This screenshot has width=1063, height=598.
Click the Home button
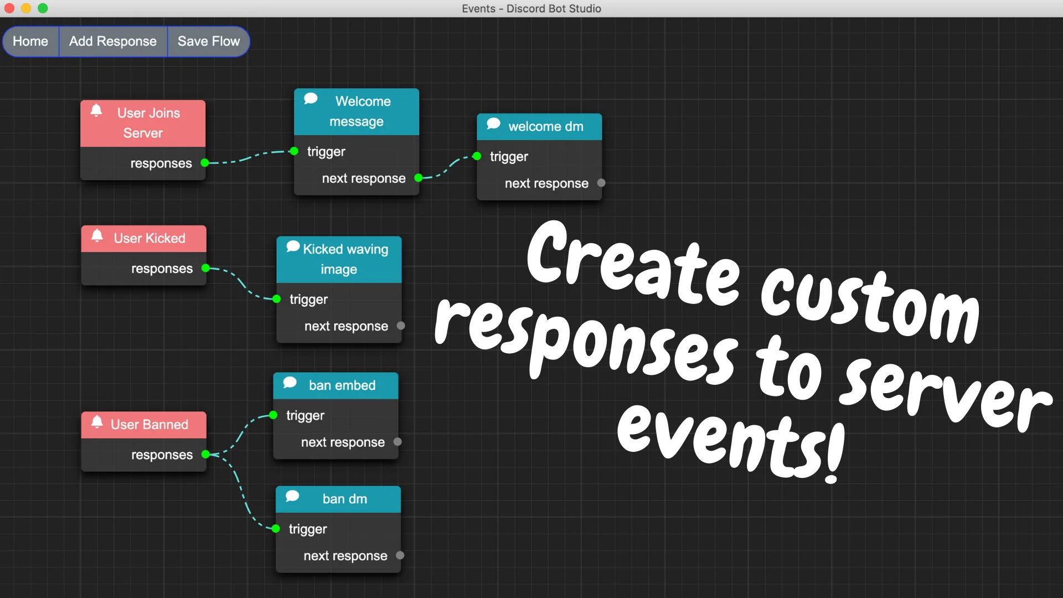pyautogui.click(x=30, y=42)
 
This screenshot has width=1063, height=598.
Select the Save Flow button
pyautogui.click(x=209, y=42)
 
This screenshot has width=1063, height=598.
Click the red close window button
pyautogui.click(x=9, y=8)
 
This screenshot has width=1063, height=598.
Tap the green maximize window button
pyautogui.click(x=43, y=8)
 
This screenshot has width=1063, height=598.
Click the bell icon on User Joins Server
pyautogui.click(x=96, y=110)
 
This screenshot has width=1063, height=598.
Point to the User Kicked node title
pyautogui.click(x=149, y=238)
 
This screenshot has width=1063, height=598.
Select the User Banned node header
pyautogui.click(x=144, y=425)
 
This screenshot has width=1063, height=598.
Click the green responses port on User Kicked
pyautogui.click(x=205, y=268)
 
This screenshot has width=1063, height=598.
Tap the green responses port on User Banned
pyautogui.click(x=205, y=455)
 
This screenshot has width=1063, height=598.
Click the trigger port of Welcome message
pyautogui.click(x=295, y=151)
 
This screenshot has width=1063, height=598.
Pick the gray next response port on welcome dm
pyautogui.click(x=601, y=183)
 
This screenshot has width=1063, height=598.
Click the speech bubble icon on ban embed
pyautogui.click(x=290, y=383)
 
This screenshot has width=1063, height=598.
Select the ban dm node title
pyautogui.click(x=345, y=499)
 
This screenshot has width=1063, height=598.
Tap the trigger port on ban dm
pyautogui.click(x=276, y=529)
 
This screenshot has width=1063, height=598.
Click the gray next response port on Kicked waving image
pyautogui.click(x=401, y=326)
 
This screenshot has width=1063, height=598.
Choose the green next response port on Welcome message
pyautogui.click(x=419, y=178)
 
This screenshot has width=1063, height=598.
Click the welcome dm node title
pyautogui.click(x=546, y=127)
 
